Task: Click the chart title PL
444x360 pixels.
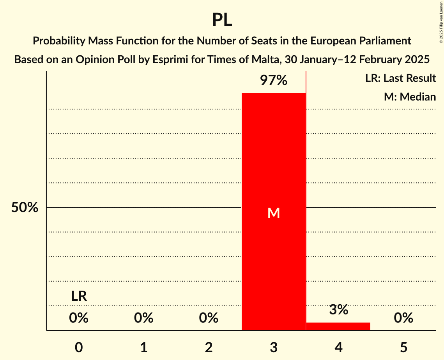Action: (x=222, y=19)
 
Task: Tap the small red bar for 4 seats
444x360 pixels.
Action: (x=338, y=326)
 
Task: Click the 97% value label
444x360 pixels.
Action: (x=274, y=81)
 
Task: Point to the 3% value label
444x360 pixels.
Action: (x=338, y=310)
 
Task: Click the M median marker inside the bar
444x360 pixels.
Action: (x=274, y=213)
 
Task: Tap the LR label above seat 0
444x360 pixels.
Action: (x=79, y=296)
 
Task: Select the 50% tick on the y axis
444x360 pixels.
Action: (x=25, y=208)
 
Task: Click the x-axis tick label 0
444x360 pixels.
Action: (x=79, y=348)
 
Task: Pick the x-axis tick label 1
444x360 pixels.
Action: (x=143, y=348)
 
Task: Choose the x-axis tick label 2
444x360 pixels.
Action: (x=209, y=348)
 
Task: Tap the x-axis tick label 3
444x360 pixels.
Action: (x=274, y=348)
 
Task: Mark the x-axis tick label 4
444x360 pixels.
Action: (x=338, y=348)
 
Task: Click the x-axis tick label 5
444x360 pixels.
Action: (x=403, y=348)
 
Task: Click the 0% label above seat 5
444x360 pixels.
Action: (x=403, y=318)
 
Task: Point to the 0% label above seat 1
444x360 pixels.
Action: (x=143, y=318)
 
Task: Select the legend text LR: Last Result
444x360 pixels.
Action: (x=400, y=78)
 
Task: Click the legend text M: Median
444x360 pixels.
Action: (x=410, y=97)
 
